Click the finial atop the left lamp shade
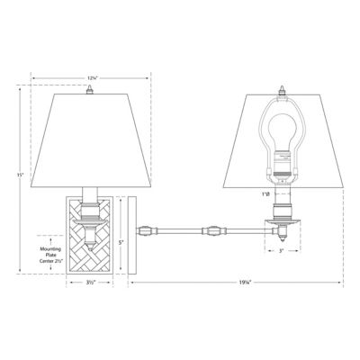coord(90,87)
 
